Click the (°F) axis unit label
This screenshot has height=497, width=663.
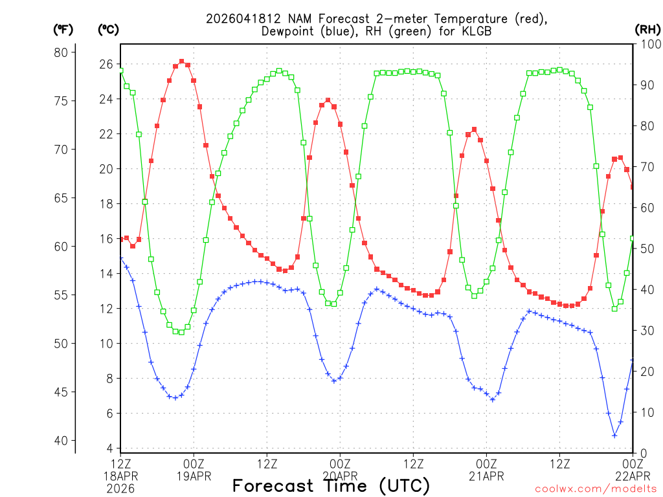click(63, 29)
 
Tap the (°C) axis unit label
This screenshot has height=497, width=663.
click(108, 29)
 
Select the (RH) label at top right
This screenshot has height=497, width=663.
click(647, 29)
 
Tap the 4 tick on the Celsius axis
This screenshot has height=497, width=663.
click(109, 448)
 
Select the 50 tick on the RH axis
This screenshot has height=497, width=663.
click(646, 248)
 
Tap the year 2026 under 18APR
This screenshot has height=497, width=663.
click(120, 489)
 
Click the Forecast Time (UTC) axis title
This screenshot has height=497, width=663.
click(331, 485)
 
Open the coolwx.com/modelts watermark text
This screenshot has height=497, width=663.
click(596, 489)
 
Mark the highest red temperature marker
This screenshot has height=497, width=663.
click(181, 61)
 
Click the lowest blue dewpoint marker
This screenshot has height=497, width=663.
click(614, 436)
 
